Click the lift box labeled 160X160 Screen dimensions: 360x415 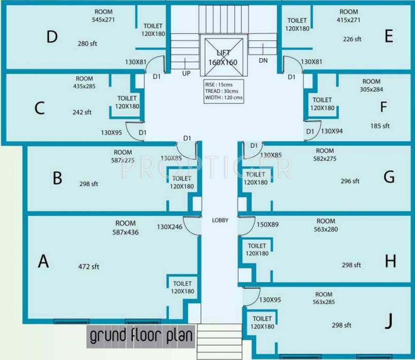pos(223,57)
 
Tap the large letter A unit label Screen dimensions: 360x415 pos(43,261)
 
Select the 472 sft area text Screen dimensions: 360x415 pos(89,267)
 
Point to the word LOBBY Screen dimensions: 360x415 pos(220,220)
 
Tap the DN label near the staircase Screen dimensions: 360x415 pos(263,61)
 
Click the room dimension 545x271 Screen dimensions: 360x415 pos(104,20)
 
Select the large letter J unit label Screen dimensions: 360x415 pos(388,322)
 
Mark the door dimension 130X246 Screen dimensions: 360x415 pos(169,227)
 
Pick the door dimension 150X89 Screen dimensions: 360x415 pos(267,225)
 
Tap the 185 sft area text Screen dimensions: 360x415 pos(380,126)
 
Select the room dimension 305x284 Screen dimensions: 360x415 pos(371,89)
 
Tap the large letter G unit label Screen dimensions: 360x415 pos(389,177)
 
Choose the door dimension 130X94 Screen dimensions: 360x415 pos(332,131)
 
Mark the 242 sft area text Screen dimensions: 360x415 pos(82,112)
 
